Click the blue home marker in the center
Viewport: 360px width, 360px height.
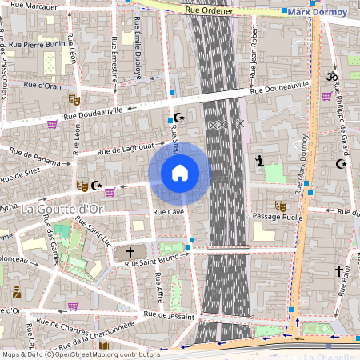pos(180,172)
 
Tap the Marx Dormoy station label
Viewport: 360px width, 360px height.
pos(318,13)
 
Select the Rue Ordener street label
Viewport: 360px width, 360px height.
pos(209,11)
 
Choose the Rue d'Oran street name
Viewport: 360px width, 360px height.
pos(42,84)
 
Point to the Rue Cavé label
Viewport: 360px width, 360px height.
pos(169,211)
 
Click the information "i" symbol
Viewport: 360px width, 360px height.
pos(259,161)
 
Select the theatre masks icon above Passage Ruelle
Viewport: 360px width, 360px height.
pos(280,205)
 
